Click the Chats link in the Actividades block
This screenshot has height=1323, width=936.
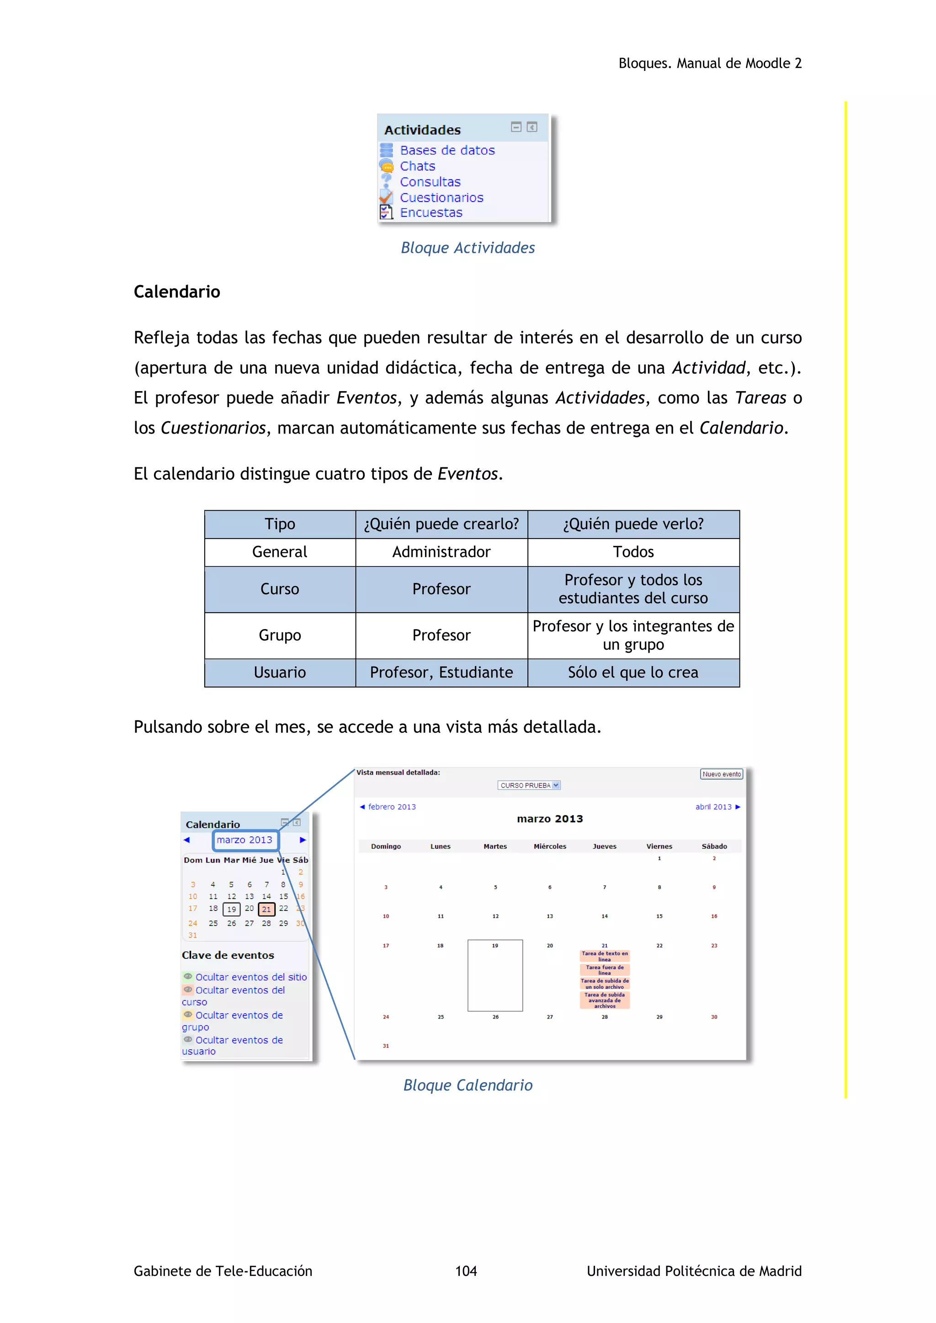(x=417, y=166)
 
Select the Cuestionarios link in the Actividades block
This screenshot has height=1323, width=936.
(x=441, y=198)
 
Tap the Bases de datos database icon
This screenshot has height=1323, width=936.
(x=386, y=150)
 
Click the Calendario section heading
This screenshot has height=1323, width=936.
(x=177, y=291)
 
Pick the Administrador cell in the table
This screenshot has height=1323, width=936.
(x=441, y=552)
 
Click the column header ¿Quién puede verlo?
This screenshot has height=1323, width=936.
(x=633, y=524)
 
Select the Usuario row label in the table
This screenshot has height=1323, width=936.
(x=280, y=672)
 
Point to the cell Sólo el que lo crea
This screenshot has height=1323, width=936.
(x=633, y=672)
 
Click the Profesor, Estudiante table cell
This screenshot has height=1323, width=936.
(x=441, y=672)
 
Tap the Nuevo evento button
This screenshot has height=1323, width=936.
(x=721, y=774)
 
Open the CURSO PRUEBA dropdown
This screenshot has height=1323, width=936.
(x=528, y=785)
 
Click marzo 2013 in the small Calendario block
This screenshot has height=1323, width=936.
(x=245, y=840)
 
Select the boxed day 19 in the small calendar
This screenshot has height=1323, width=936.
(x=231, y=909)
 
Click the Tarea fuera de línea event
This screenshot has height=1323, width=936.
(x=605, y=970)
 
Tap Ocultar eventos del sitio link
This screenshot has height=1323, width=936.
(x=251, y=977)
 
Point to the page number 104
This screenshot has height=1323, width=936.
(x=466, y=1270)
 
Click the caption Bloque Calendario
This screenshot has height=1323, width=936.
(x=468, y=1085)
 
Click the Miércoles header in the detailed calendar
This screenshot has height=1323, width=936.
(x=550, y=847)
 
